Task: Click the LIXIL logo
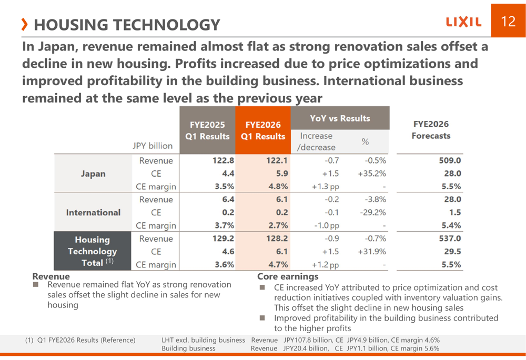click(463, 22)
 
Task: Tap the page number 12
click(508, 21)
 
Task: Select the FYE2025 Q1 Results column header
click(207, 130)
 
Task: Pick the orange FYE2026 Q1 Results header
click(263, 130)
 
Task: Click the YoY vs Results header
click(340, 118)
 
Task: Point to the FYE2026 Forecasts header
click(431, 130)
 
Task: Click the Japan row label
click(93, 173)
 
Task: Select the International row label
click(93, 212)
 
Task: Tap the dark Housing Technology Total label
click(93, 251)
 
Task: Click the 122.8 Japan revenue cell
click(223, 161)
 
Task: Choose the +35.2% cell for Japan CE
click(372, 173)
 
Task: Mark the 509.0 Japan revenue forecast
click(450, 161)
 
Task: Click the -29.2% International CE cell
click(373, 212)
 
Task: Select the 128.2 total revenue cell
click(277, 239)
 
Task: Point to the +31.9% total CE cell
click(372, 251)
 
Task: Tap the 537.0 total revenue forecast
click(450, 239)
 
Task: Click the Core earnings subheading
click(288, 276)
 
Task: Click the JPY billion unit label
click(153, 145)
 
